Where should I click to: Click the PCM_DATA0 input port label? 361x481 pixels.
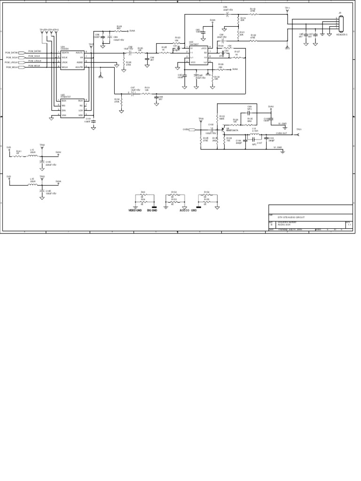[11, 53]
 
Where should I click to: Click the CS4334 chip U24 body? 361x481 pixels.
[72, 60]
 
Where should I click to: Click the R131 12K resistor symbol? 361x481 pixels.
[147, 93]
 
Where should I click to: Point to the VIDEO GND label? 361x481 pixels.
[135, 211]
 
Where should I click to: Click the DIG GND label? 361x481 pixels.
[152, 211]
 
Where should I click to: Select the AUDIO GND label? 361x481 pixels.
[188, 211]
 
